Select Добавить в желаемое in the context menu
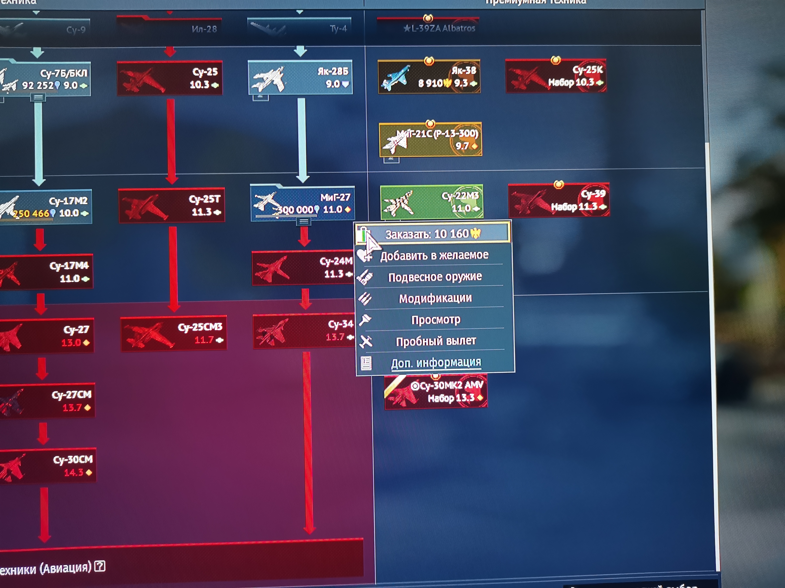(434, 255)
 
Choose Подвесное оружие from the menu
(435, 277)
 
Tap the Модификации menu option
(435, 299)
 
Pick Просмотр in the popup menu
(436, 320)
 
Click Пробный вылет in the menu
(436, 341)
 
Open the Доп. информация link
(436, 363)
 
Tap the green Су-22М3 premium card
(431, 202)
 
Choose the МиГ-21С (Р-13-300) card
(430, 139)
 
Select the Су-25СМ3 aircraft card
(173, 333)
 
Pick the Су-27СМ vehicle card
(47, 401)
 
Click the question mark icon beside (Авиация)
(100, 566)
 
